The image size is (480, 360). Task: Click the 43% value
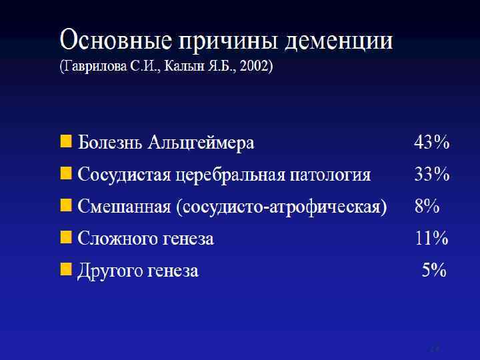coord(431,143)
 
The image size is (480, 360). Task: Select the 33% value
coord(431,175)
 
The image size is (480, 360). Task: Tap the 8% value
coord(427,207)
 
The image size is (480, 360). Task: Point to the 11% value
coord(431,239)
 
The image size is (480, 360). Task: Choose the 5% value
coord(433,271)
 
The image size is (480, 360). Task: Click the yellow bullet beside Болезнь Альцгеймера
coord(66,142)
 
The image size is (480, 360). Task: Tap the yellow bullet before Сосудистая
coord(66,174)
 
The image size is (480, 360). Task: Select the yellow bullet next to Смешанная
coord(66,206)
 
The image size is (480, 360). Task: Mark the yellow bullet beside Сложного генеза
coord(66,238)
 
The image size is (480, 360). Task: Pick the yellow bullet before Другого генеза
coord(66,270)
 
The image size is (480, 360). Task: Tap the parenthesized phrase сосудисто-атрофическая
coord(283,207)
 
